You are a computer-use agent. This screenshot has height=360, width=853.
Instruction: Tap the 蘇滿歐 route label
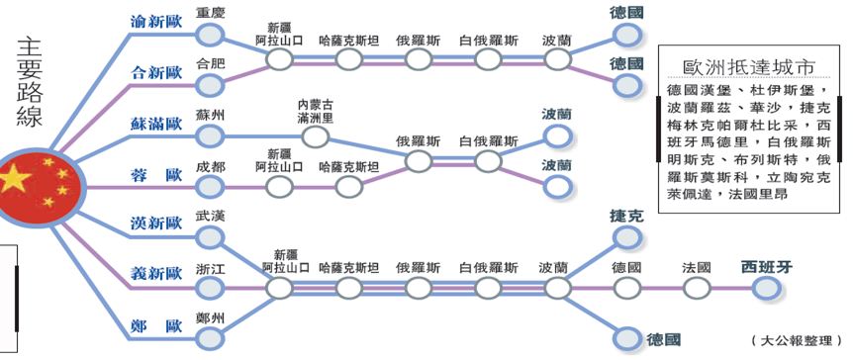click(156, 125)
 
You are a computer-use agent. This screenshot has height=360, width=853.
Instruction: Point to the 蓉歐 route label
click(156, 175)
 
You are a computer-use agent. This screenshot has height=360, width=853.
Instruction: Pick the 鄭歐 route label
click(156, 323)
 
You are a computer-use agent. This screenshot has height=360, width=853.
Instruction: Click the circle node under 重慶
click(209, 36)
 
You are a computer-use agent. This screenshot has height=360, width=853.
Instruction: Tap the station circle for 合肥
click(209, 86)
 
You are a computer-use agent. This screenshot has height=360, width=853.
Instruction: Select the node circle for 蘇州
click(209, 136)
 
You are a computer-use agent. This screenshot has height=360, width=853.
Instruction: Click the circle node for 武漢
click(209, 237)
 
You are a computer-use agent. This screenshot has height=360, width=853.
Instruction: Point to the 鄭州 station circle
click(209, 338)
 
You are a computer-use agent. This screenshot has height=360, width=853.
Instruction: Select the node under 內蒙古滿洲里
click(316, 136)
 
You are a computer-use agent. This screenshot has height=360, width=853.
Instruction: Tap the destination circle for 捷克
click(627, 237)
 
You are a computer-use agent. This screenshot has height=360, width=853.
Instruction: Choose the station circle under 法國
click(697, 288)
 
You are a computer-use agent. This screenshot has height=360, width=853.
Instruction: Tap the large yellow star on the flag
click(18, 179)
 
